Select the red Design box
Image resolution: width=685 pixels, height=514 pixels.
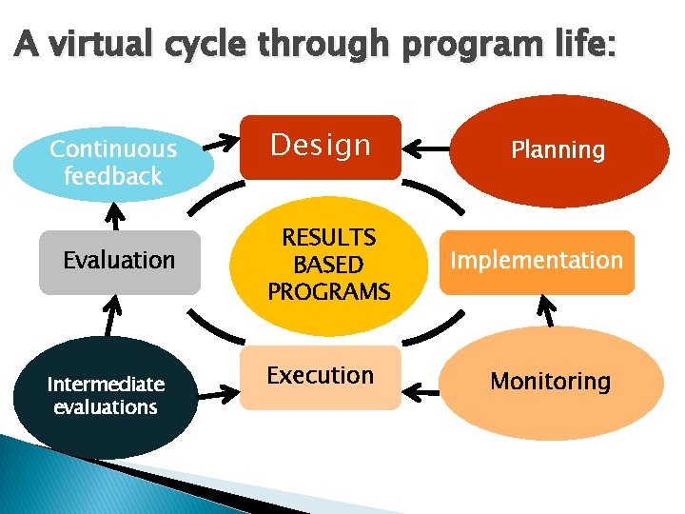coord(320,147)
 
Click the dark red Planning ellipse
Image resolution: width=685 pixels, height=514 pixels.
coord(558,150)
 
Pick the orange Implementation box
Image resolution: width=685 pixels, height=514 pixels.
coord(537,261)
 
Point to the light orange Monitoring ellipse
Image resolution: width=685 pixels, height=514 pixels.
coord(552,383)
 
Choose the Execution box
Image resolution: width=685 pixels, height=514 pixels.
coord(320,377)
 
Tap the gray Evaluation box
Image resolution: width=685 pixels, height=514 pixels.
coord(120,261)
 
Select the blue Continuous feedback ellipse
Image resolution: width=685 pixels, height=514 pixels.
coord(113,162)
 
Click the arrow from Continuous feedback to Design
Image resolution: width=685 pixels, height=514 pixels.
coord(226,146)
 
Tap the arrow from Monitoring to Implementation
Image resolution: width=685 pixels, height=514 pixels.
coord(546,310)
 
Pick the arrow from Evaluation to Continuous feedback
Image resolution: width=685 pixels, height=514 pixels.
coord(116,216)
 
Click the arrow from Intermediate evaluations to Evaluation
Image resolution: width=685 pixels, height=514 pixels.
coord(112,313)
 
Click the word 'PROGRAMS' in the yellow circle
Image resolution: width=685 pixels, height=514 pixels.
coord(329,292)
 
